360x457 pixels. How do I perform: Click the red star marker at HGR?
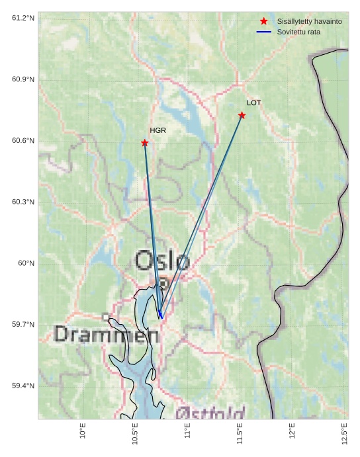coord(145,143)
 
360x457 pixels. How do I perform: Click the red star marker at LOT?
coord(242,115)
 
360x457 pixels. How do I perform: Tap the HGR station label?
coord(157,130)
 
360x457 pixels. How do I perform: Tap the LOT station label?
coord(254,103)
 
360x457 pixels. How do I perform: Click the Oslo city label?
coord(162,261)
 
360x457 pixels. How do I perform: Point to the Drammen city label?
coord(107,335)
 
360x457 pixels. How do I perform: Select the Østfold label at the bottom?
coord(210,413)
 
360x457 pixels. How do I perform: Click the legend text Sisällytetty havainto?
coord(309,21)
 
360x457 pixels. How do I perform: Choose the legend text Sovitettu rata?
coord(298,32)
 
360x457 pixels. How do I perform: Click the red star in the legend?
coord(264,21)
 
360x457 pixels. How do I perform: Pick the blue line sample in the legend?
coord(264,32)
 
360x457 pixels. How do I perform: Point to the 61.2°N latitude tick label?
coord(23,18)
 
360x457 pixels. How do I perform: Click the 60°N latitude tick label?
coord(26,263)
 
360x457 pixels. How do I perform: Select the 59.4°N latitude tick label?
coord(23,386)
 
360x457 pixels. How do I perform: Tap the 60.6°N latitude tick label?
coord(23,140)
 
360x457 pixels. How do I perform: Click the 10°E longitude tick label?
coord(83,431)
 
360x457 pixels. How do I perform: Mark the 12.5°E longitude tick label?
coord(345,434)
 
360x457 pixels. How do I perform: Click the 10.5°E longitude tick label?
coord(135,434)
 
